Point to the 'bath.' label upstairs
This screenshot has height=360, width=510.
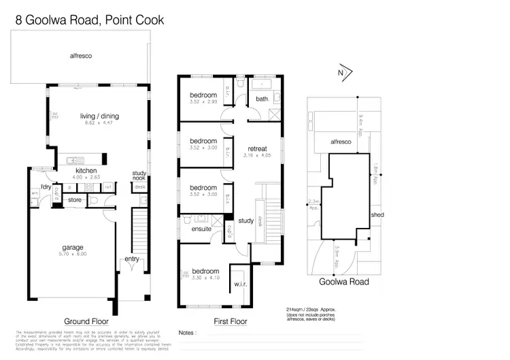[x=262, y=99]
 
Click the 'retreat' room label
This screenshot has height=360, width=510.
[x=257, y=148]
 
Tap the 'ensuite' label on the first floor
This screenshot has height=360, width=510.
[x=202, y=229]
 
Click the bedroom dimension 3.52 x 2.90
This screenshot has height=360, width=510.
[x=203, y=101]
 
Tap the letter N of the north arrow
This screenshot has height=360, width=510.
[x=341, y=72]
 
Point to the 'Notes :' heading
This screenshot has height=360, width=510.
[x=188, y=333]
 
